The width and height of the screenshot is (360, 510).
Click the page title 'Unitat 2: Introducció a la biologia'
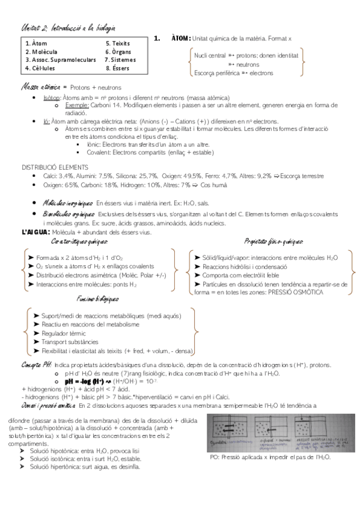tap(69, 28)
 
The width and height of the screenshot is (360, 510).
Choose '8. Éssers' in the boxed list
tap(117, 68)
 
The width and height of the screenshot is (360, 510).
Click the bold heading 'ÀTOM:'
tap(181, 38)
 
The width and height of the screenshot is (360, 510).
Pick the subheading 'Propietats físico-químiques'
tap(273, 242)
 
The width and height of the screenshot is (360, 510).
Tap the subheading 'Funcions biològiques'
tap(98, 298)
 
